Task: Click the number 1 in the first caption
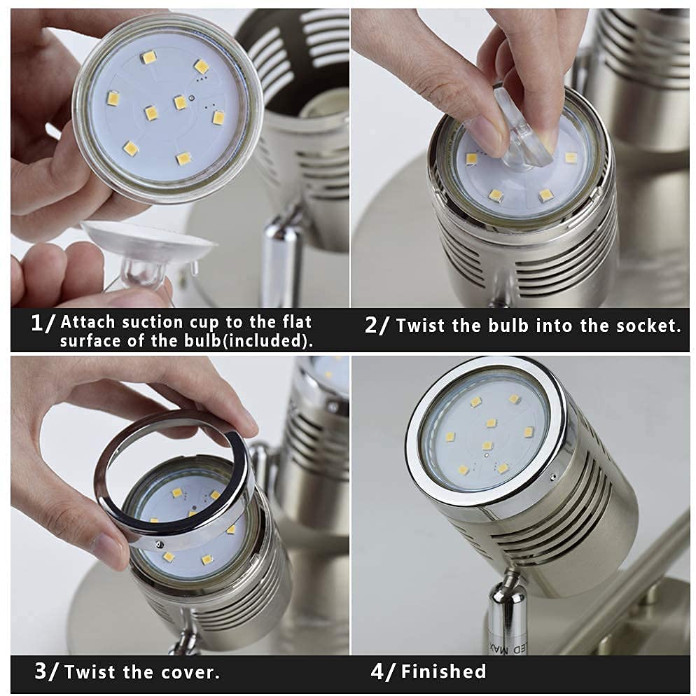pos(37,323)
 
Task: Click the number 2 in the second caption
pos(370,326)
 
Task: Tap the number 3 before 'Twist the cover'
pos(41,671)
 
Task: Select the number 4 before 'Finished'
pos(377,671)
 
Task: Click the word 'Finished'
pos(443,671)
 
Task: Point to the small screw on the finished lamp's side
pos(553,477)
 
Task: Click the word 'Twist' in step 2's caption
pos(421,326)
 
